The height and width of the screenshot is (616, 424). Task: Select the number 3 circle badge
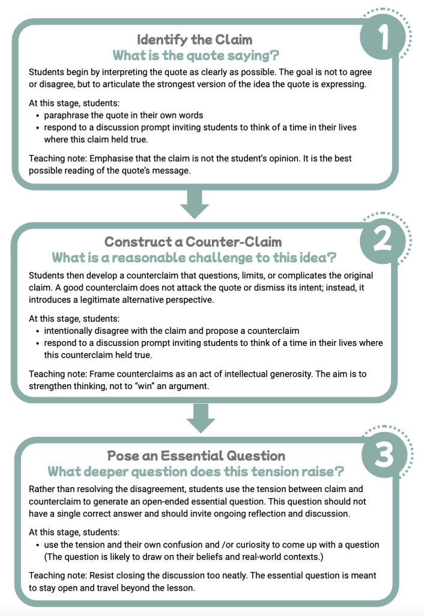[384, 455]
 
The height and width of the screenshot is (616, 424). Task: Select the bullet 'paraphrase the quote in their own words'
[124, 115]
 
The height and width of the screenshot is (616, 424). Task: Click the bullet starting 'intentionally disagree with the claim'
[171, 331]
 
